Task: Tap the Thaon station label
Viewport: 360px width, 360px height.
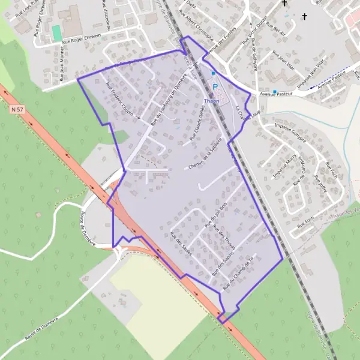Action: tap(212, 101)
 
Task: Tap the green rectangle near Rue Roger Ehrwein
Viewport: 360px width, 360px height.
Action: tap(57, 33)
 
